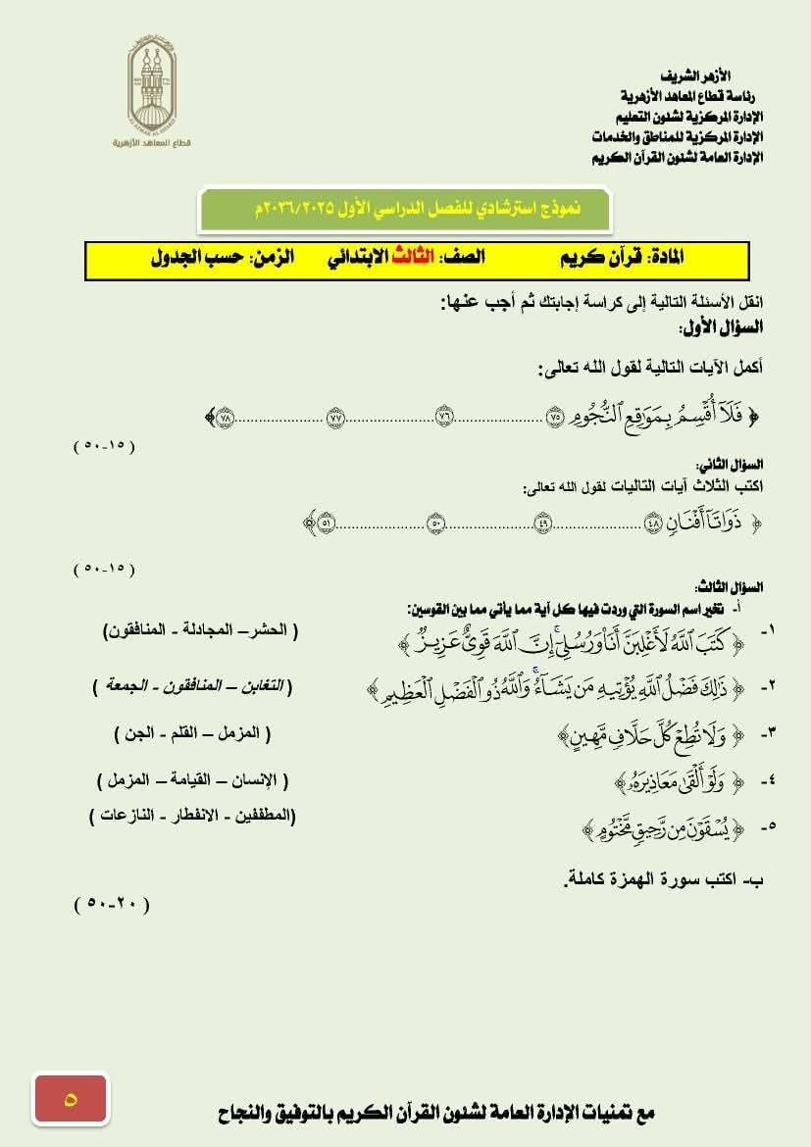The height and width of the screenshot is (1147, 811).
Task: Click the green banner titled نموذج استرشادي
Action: pyautogui.click(x=405, y=208)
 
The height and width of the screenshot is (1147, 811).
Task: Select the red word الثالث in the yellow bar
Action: pyautogui.click(x=412, y=258)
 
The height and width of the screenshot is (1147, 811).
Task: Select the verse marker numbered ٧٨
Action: pyautogui.click(x=226, y=417)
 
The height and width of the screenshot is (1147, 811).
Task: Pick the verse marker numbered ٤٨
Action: pyautogui.click(x=654, y=523)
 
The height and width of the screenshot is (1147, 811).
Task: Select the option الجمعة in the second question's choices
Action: pyautogui.click(x=122, y=685)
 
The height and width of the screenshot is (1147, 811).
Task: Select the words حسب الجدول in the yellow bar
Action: pyautogui.click(x=196, y=258)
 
